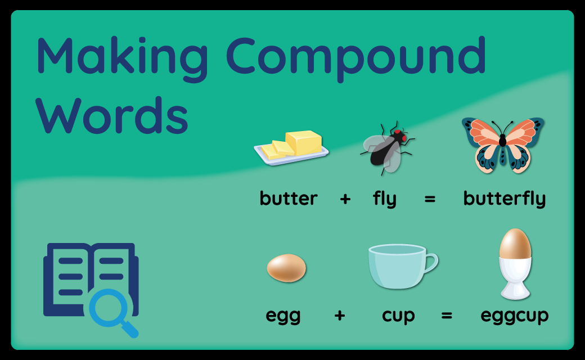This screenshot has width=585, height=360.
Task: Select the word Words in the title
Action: (x=112, y=115)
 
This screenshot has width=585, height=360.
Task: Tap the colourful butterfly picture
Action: (x=503, y=145)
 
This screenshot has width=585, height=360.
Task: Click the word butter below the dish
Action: (x=289, y=198)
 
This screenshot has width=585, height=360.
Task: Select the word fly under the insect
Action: (x=384, y=199)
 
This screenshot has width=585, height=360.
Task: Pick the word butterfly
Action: (x=505, y=199)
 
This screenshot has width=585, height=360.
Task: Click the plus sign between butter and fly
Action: (x=345, y=199)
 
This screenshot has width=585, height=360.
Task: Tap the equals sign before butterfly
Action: (x=430, y=199)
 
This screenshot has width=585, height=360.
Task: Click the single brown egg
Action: (x=286, y=268)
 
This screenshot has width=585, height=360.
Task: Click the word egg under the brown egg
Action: (x=283, y=316)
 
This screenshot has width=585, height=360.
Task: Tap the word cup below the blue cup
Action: (x=398, y=316)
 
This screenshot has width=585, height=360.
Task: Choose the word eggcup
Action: (x=515, y=316)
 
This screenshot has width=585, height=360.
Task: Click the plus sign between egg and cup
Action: (x=340, y=316)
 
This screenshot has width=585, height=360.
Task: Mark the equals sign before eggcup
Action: (x=447, y=316)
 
